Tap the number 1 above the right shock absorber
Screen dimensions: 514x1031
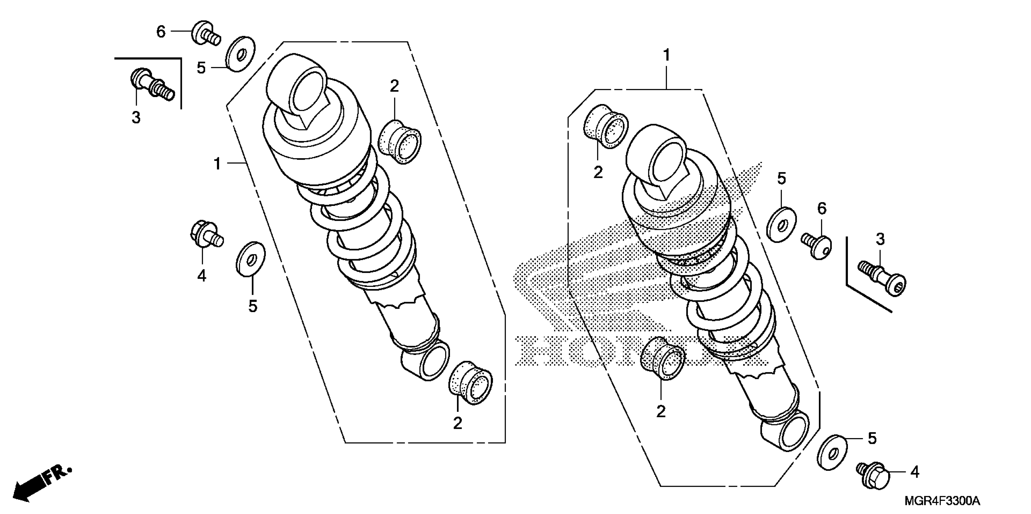[666, 55]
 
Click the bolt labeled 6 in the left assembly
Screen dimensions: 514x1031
[205, 33]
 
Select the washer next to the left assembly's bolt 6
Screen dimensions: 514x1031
[241, 54]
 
